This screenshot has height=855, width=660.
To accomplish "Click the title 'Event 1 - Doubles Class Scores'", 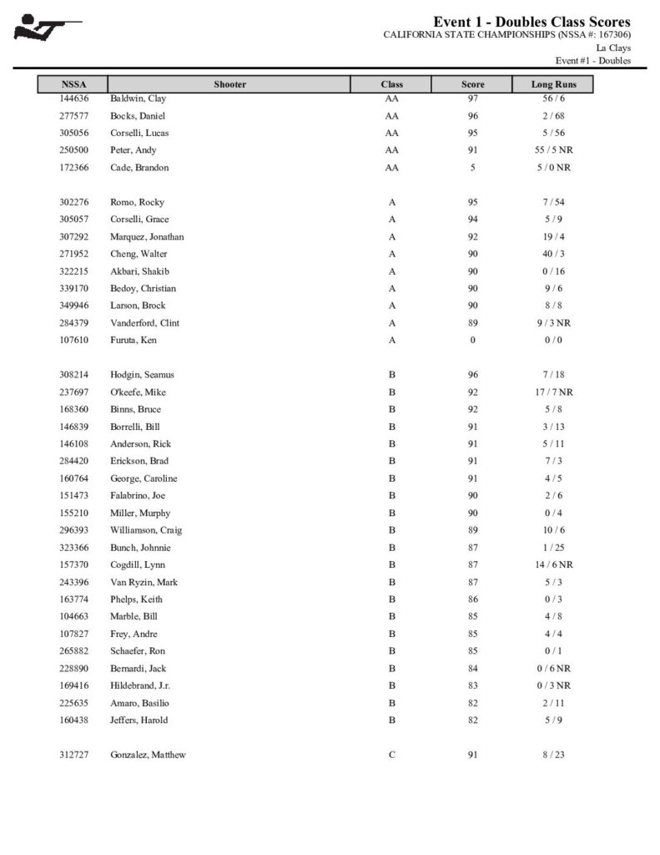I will (x=532, y=22).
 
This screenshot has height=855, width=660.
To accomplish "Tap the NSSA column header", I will (x=73, y=84).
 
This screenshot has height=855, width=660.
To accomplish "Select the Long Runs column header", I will (x=553, y=84).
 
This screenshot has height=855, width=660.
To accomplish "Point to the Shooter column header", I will (x=229, y=84).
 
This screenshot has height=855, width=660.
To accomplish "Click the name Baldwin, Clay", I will (x=138, y=99).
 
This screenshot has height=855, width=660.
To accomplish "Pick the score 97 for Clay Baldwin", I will (x=472, y=99).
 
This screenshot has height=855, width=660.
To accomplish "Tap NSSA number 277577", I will (x=73, y=116).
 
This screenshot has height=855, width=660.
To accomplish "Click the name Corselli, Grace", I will (x=139, y=220).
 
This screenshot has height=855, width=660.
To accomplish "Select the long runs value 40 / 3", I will (x=553, y=254).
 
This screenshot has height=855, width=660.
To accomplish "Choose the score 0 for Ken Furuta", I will (x=472, y=341).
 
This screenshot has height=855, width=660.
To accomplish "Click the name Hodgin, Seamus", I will (x=142, y=375).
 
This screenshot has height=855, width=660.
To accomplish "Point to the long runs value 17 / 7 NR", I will (x=553, y=392).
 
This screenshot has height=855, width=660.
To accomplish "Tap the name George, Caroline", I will (x=144, y=478).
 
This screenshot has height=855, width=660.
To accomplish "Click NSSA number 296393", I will (x=73, y=530).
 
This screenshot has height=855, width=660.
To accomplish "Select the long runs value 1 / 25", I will (x=553, y=548).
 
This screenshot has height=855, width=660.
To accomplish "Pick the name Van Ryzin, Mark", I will (x=144, y=582).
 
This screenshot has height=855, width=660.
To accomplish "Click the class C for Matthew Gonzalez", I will (x=391, y=756).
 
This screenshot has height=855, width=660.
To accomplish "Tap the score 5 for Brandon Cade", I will (x=472, y=168).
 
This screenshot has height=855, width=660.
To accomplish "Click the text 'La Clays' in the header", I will (x=613, y=48).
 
